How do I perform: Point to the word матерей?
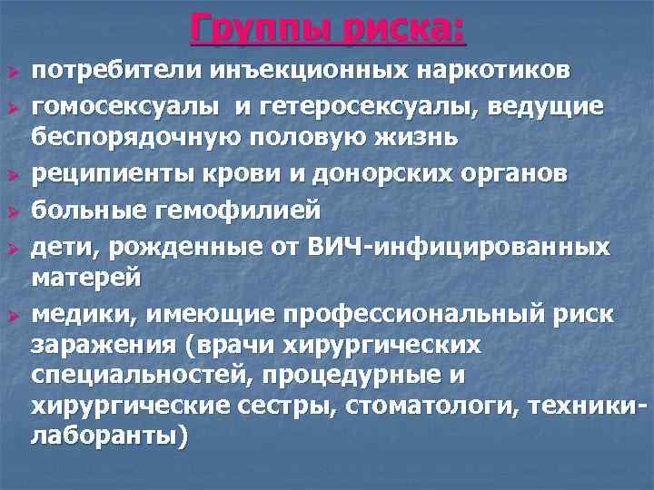[87, 277]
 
